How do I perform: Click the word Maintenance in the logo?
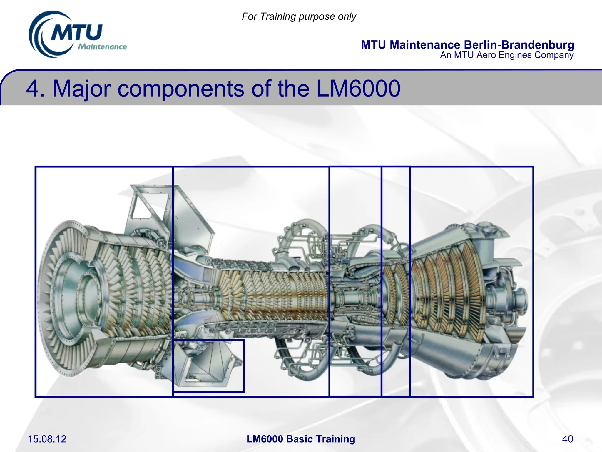[102, 47]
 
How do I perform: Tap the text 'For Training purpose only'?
[299, 16]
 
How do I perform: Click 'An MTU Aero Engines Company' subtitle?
[506, 55]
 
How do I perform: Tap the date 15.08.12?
[47, 439]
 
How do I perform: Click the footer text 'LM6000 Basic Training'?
[301, 439]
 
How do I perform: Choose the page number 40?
[567, 439]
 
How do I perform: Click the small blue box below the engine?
[208, 366]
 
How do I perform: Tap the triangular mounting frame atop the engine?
[147, 206]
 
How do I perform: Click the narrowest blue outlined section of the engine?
[395, 281]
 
